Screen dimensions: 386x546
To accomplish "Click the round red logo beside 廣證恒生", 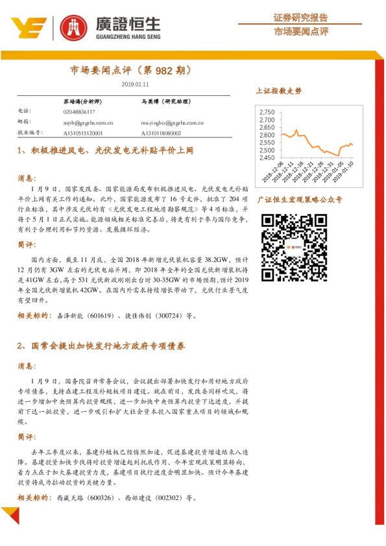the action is (x=73, y=27).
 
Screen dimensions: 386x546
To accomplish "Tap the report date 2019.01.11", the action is (x=135, y=84).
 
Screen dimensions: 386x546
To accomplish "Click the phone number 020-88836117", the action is (x=78, y=112).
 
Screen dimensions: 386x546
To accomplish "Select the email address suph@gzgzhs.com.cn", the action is (x=89, y=122).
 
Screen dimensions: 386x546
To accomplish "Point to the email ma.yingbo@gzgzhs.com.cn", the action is (x=173, y=122).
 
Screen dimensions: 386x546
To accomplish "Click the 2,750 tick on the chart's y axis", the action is (x=267, y=112).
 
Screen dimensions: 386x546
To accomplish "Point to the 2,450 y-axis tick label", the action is (x=267, y=158).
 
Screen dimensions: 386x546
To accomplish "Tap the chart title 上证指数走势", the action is (x=279, y=91).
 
